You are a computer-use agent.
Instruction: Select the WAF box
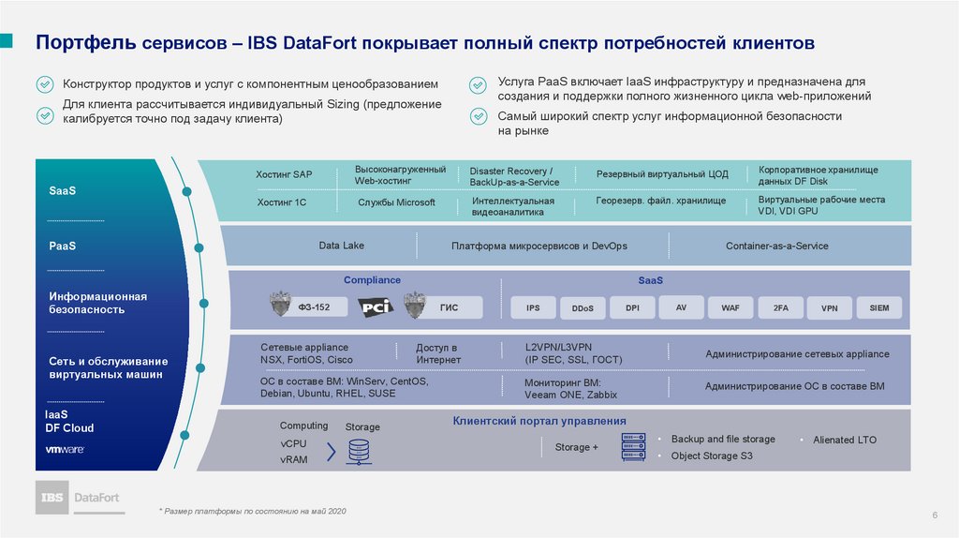coord(730,307)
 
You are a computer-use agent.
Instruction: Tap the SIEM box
coord(878,307)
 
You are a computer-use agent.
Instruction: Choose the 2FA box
coord(780,307)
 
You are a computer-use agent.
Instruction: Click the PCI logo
coord(378,306)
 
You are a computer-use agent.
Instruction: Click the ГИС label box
coord(448,306)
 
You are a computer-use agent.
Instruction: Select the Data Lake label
coord(341,246)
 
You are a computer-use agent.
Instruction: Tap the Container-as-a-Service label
coord(776,246)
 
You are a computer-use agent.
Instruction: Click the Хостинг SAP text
coord(283,174)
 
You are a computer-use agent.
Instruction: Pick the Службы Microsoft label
coord(396,202)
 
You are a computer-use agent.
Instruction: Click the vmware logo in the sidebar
coord(66,449)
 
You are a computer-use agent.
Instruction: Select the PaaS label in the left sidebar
coord(63,246)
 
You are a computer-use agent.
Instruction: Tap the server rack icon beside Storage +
coord(634,447)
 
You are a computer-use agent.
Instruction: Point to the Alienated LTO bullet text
coord(845,440)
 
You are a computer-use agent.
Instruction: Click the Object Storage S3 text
coord(712,456)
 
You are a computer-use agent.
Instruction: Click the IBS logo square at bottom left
coord(52,497)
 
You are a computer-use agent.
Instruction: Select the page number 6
coord(935,516)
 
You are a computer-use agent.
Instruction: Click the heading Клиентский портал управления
coord(539,421)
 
